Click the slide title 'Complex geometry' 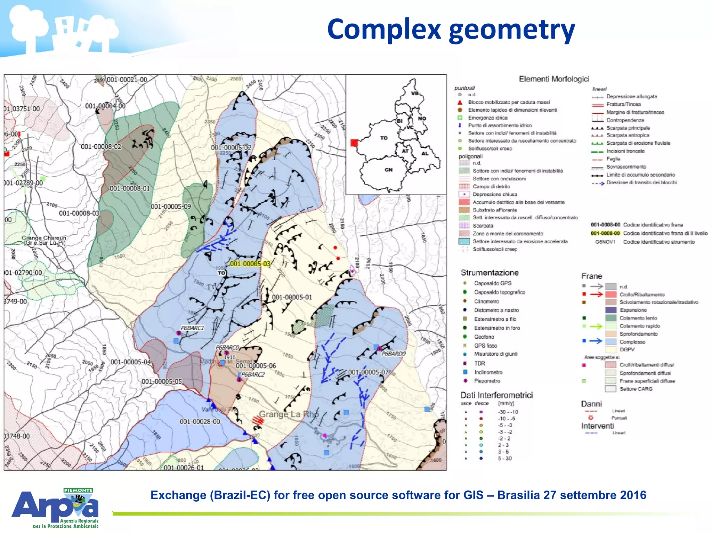[451, 30]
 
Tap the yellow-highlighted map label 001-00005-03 [250, 264]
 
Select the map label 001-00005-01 [292, 297]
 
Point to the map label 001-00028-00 [200, 422]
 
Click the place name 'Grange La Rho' [289, 414]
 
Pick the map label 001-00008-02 [101, 147]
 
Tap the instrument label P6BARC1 [192, 328]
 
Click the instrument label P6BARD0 [394, 354]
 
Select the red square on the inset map [354, 143]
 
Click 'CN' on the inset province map [388, 170]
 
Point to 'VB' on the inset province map [415, 94]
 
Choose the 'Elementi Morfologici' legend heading [554, 79]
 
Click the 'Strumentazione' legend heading [489, 273]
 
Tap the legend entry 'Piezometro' [487, 381]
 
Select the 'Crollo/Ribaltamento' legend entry [642, 294]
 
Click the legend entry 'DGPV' [627, 349]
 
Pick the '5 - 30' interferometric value [505, 458]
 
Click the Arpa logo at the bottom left [55, 508]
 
